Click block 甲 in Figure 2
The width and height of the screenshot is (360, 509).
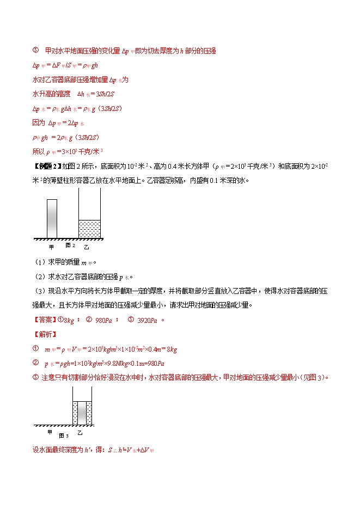tap(52, 218)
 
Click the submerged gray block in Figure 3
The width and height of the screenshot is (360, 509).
tap(82, 413)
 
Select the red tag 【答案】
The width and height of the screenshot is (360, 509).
tap(45, 320)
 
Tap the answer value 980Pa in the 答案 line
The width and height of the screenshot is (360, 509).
tap(103, 321)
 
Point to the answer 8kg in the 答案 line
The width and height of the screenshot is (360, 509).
tap(70, 321)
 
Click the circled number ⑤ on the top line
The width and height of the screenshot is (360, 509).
tap(36, 51)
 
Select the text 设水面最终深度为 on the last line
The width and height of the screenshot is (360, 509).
tap(56, 450)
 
